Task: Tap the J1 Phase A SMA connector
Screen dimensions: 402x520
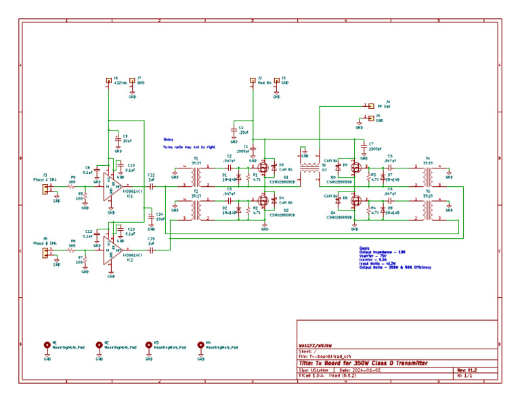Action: pyautogui.click(x=46, y=189)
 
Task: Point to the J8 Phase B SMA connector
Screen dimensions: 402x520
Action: pyautogui.click(x=46, y=252)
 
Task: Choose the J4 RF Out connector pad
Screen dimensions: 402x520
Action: pyautogui.click(x=370, y=106)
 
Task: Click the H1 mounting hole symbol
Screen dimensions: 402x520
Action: pyautogui.click(x=47, y=344)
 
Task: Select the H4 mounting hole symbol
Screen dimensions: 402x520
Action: pyautogui.click(x=200, y=344)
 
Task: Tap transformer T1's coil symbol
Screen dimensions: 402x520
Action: pyautogui.click(x=196, y=176)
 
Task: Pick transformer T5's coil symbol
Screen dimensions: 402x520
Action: pyautogui.click(x=427, y=210)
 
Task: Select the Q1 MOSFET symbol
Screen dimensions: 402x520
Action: pyautogui.click(x=263, y=168)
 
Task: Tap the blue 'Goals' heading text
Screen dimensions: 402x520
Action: pyautogui.click(x=366, y=248)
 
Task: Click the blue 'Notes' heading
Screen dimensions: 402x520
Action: pyautogui.click(x=168, y=139)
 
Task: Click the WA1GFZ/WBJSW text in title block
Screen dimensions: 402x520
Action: pyautogui.click(x=315, y=345)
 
